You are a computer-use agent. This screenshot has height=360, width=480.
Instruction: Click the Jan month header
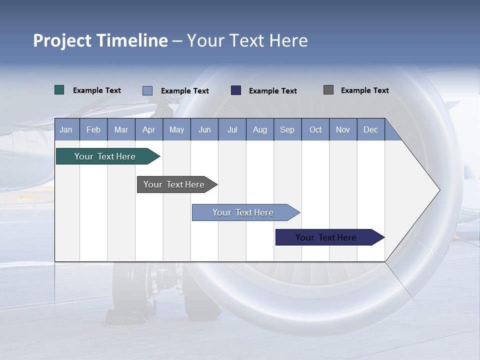[x=66, y=129]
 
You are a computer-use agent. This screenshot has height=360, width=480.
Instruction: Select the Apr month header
[x=148, y=129]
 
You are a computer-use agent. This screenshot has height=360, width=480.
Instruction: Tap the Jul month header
[x=232, y=129]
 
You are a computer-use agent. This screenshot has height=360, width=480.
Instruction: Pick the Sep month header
[x=287, y=129]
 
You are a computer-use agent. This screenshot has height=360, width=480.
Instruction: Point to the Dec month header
[x=370, y=129]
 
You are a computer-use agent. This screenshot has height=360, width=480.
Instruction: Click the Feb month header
[x=93, y=129]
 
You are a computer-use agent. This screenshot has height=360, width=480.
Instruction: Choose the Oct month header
[x=315, y=129]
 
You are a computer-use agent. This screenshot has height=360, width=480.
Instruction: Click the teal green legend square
[x=59, y=90]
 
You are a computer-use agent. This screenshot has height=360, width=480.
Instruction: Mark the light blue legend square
[x=147, y=90]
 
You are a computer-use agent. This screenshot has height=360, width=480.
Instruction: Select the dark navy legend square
[x=236, y=90]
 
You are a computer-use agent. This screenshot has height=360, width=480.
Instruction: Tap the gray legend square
[x=328, y=90]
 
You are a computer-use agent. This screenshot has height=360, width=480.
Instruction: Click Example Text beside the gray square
[x=364, y=90]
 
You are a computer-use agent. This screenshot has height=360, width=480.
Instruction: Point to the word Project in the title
[x=62, y=40]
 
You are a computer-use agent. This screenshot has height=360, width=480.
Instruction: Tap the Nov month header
[x=343, y=129]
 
